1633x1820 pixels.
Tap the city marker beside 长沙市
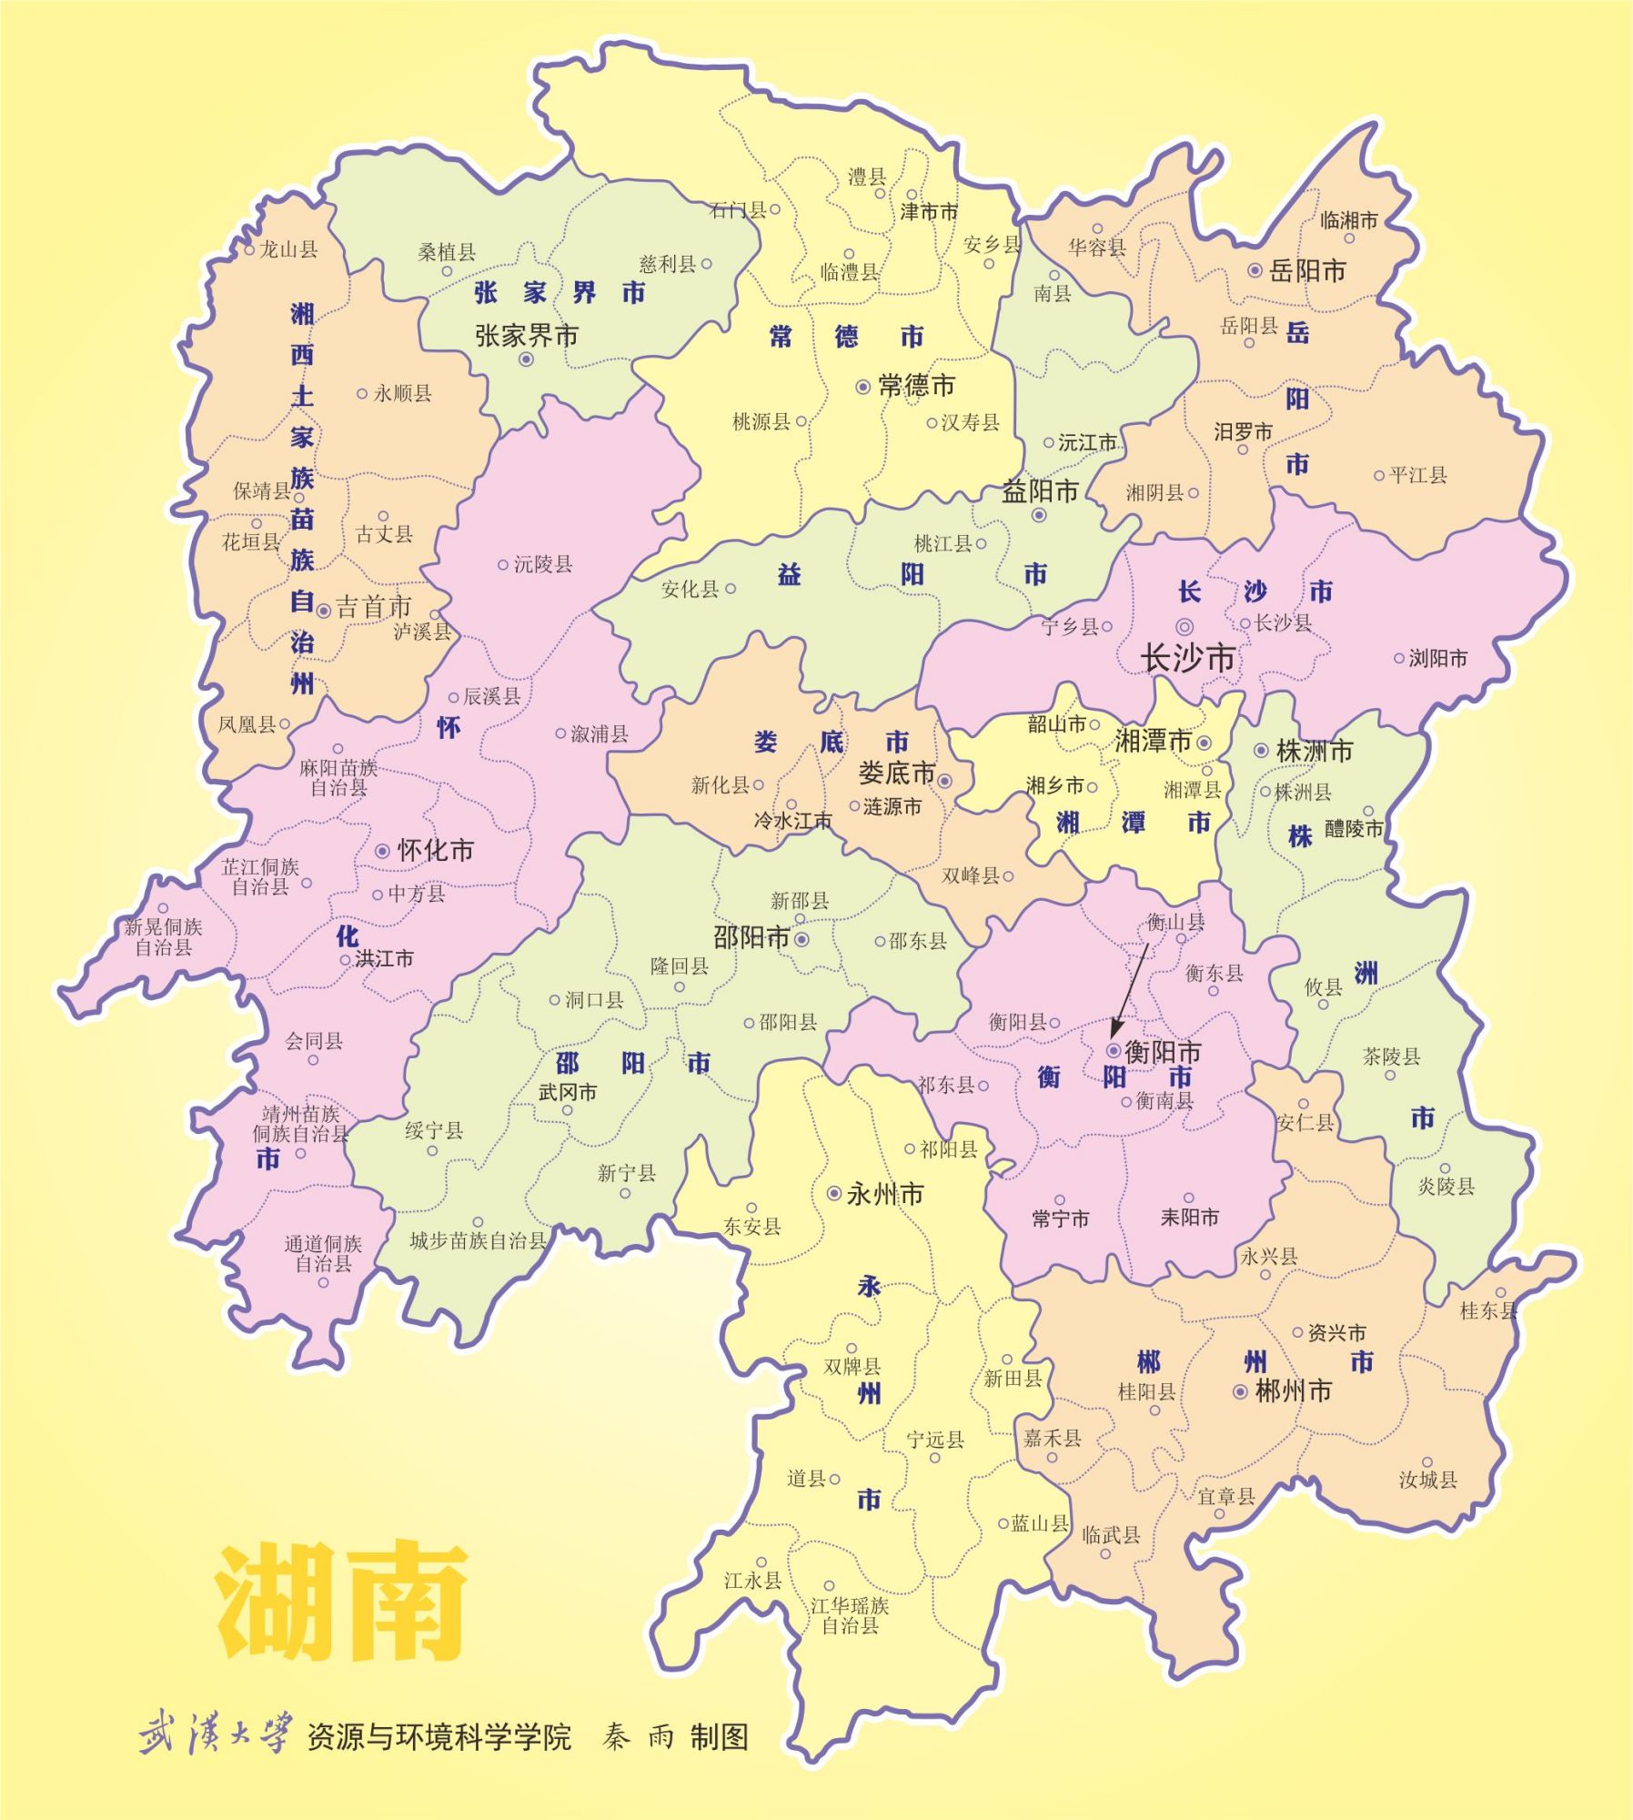[1184, 627]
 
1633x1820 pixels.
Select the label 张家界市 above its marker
[527, 336]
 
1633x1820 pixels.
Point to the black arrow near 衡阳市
[1129, 990]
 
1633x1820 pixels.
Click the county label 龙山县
[288, 249]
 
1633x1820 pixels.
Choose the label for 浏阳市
[1437, 658]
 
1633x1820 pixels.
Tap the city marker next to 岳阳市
[1255, 270]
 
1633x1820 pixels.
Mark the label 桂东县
[1488, 1310]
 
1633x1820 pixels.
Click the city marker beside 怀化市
[383, 851]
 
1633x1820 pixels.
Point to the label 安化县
[690, 590]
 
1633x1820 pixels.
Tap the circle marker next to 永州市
[833, 1193]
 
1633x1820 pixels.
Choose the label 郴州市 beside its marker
[1293, 1390]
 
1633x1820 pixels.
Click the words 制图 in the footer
[719, 1737]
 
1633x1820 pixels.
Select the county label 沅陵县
[543, 564]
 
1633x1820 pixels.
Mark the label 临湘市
[1349, 220]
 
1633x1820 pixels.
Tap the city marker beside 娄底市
[944, 781]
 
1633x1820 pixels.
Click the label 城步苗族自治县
[478, 1240]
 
